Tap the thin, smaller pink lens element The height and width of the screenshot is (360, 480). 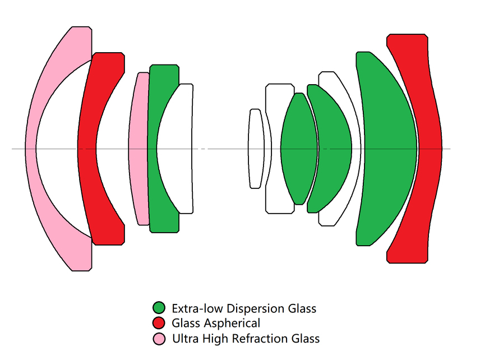click(x=137, y=149)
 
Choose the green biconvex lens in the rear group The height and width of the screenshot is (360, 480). click(x=298, y=149)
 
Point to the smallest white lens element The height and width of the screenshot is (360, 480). click(x=256, y=149)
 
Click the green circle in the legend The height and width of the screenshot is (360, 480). click(x=159, y=308)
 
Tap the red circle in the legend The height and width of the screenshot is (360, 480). click(x=159, y=323)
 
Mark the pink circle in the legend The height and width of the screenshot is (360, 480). click(x=159, y=338)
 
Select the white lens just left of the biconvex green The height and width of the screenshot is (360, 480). click(x=275, y=149)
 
